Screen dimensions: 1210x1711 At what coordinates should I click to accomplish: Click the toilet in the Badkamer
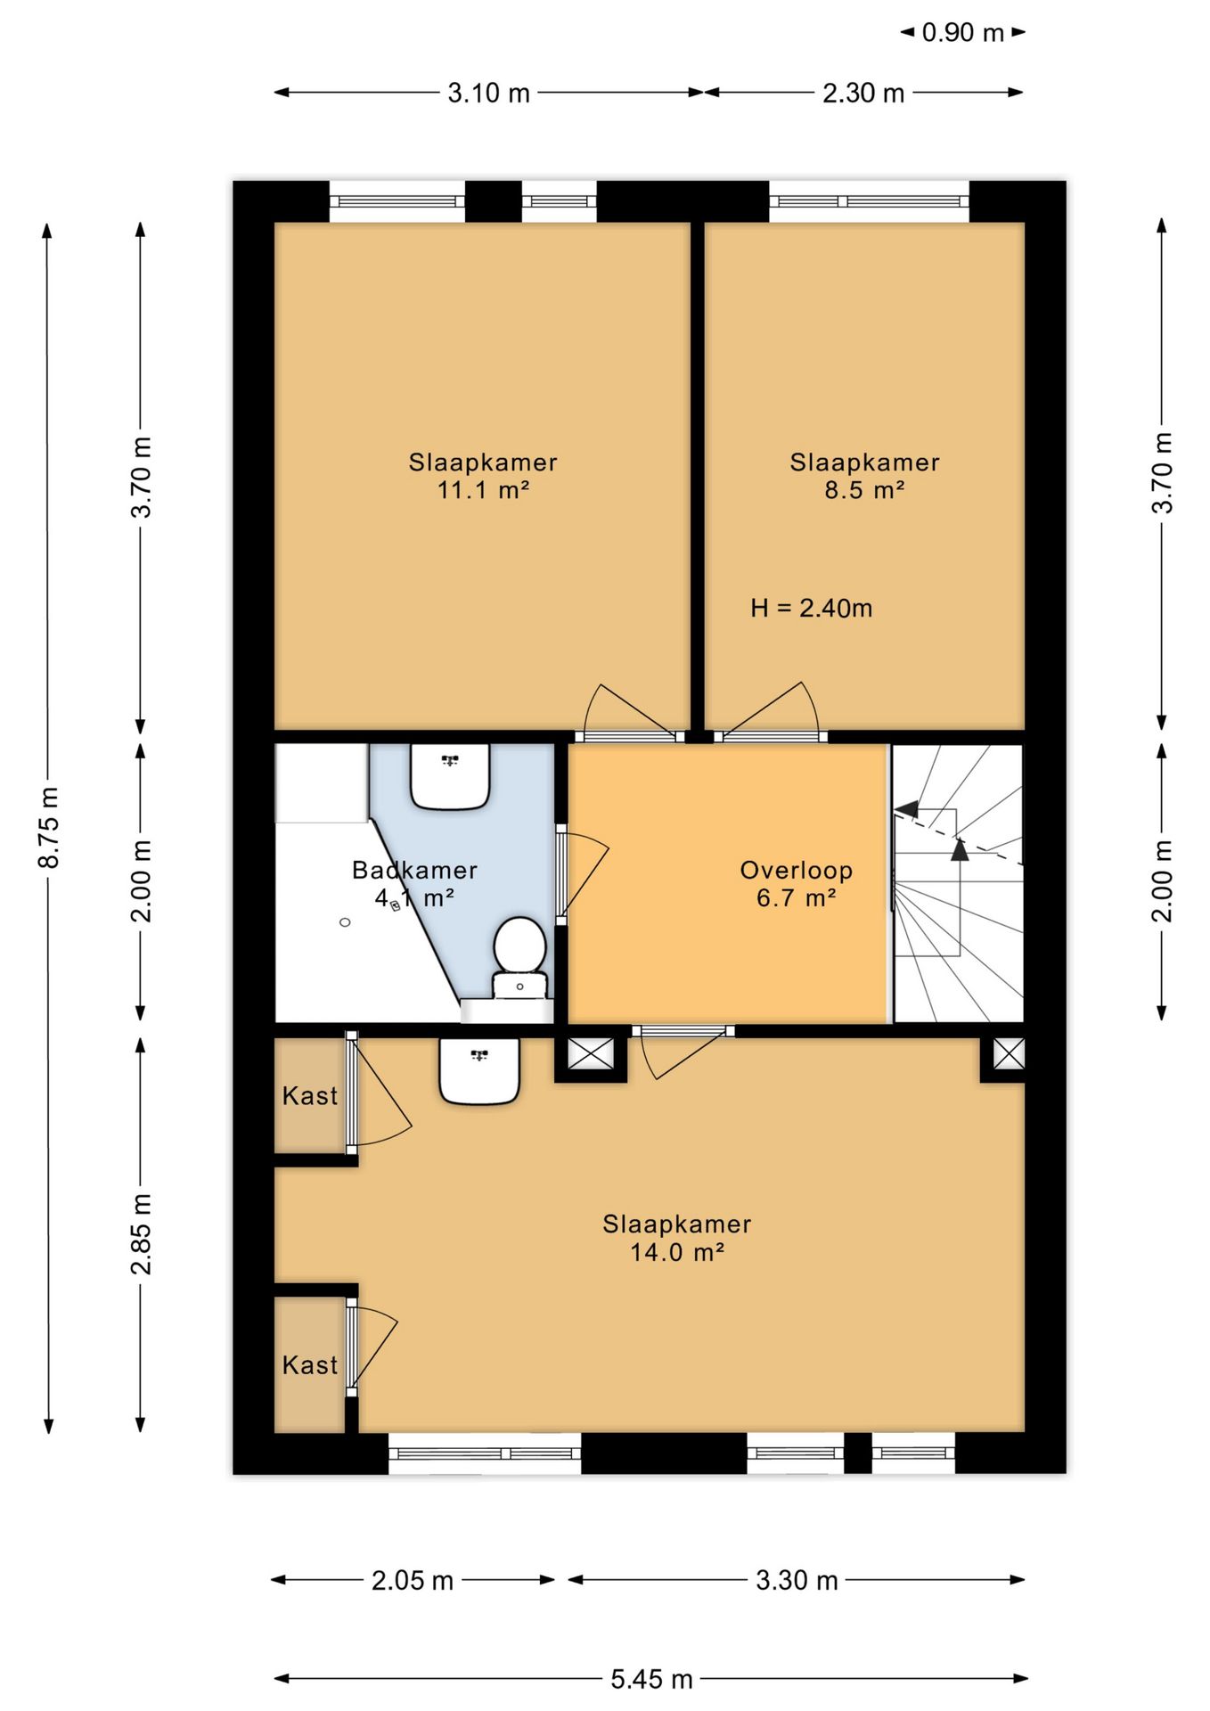[520, 957]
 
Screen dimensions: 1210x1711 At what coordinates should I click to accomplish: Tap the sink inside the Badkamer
[450, 776]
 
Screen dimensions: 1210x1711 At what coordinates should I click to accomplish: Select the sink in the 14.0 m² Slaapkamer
[479, 1070]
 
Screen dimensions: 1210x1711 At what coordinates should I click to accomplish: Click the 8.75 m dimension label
[49, 827]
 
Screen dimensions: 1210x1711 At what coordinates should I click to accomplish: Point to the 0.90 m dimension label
[962, 33]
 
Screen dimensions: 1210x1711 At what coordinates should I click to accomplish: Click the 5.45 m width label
[651, 1680]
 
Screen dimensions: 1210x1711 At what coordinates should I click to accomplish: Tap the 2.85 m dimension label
[141, 1234]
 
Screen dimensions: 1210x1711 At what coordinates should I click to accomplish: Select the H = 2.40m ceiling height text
[811, 609]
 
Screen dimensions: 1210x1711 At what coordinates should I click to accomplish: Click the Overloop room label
[797, 870]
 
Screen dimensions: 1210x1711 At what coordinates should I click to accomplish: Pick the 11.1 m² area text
[484, 489]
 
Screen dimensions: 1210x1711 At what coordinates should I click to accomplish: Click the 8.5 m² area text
[864, 489]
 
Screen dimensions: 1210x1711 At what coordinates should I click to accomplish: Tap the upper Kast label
[310, 1095]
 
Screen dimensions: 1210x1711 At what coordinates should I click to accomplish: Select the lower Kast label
[310, 1364]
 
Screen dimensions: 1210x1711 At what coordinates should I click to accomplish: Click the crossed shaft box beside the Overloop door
[591, 1054]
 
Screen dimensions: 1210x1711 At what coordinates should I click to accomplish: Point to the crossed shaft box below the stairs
[1009, 1054]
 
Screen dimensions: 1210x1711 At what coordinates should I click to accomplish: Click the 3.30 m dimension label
[797, 1580]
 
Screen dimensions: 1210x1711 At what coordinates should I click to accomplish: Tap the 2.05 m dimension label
[413, 1580]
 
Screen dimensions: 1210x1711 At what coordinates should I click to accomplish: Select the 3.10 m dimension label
[488, 93]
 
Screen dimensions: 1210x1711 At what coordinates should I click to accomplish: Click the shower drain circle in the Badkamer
[345, 922]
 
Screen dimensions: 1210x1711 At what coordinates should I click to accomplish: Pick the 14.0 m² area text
[677, 1252]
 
